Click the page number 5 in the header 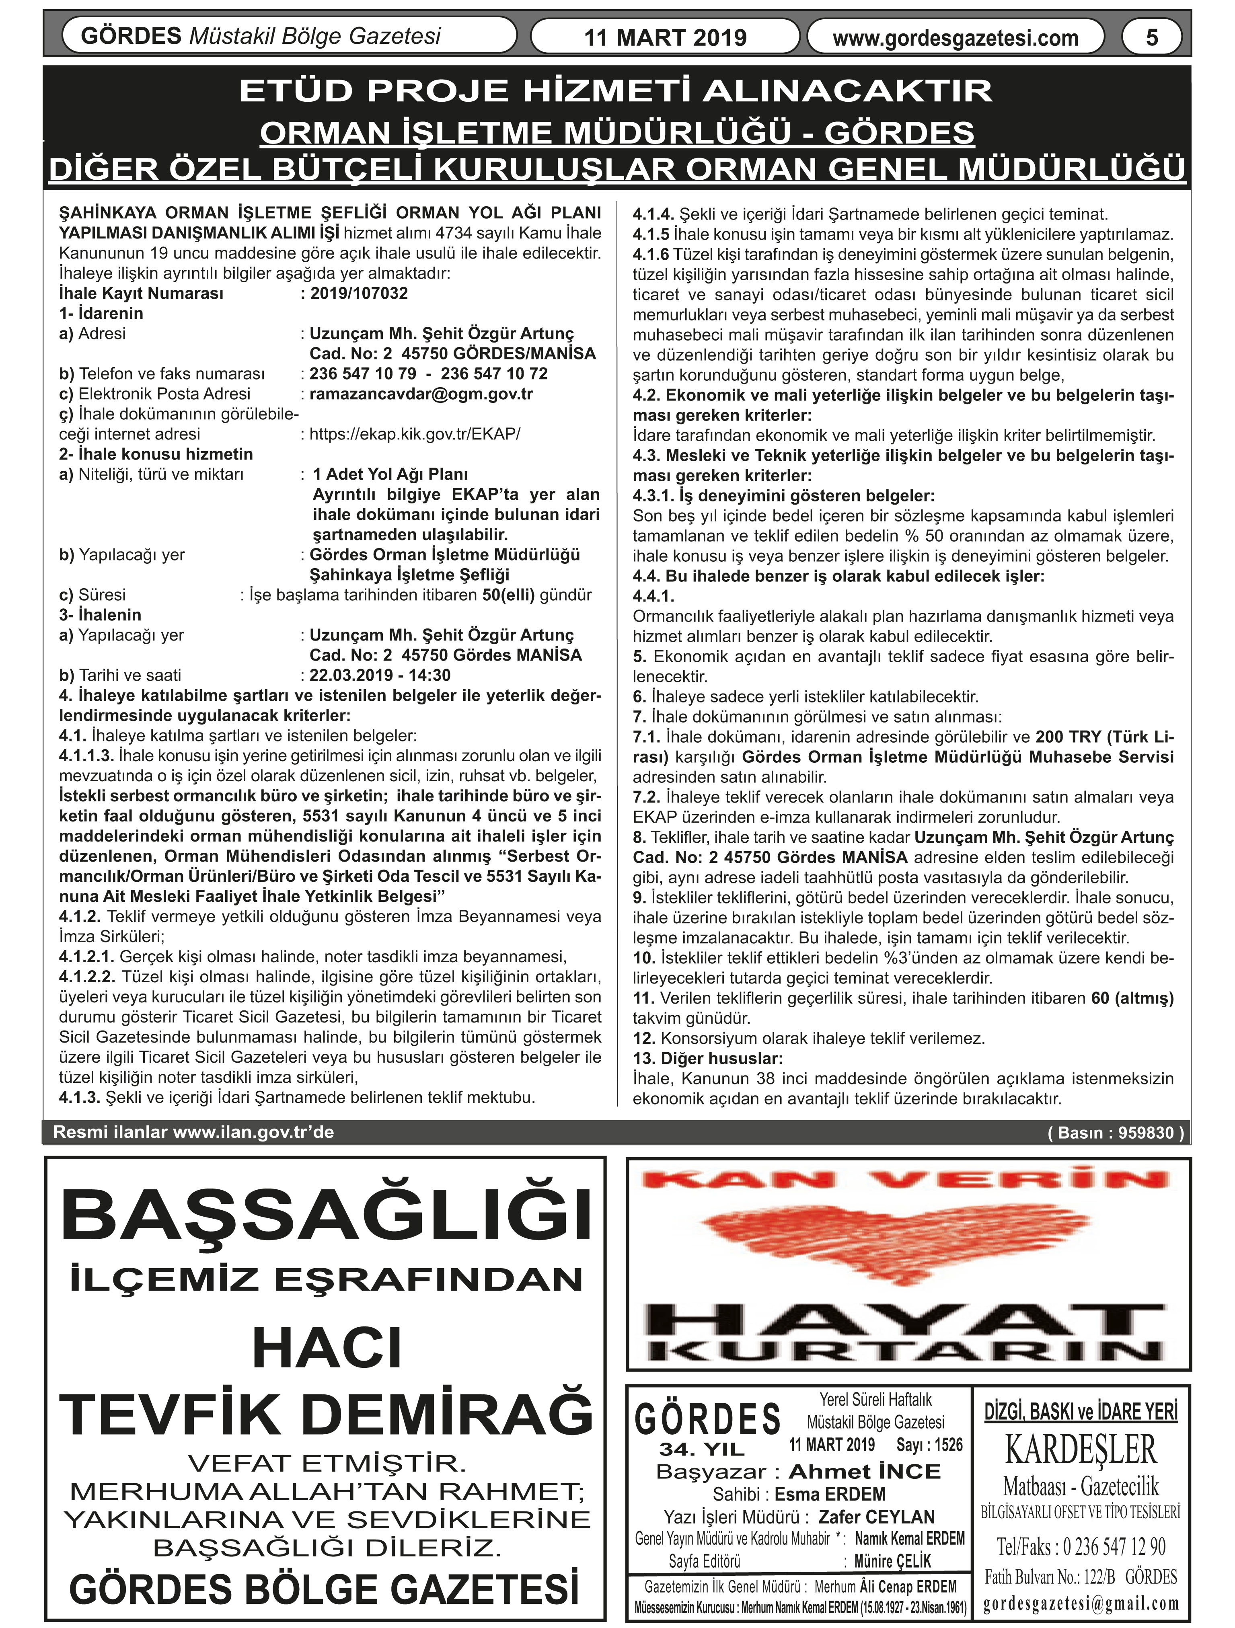(1152, 37)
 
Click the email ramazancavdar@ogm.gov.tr (421, 394)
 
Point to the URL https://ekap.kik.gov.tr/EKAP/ (414, 434)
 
